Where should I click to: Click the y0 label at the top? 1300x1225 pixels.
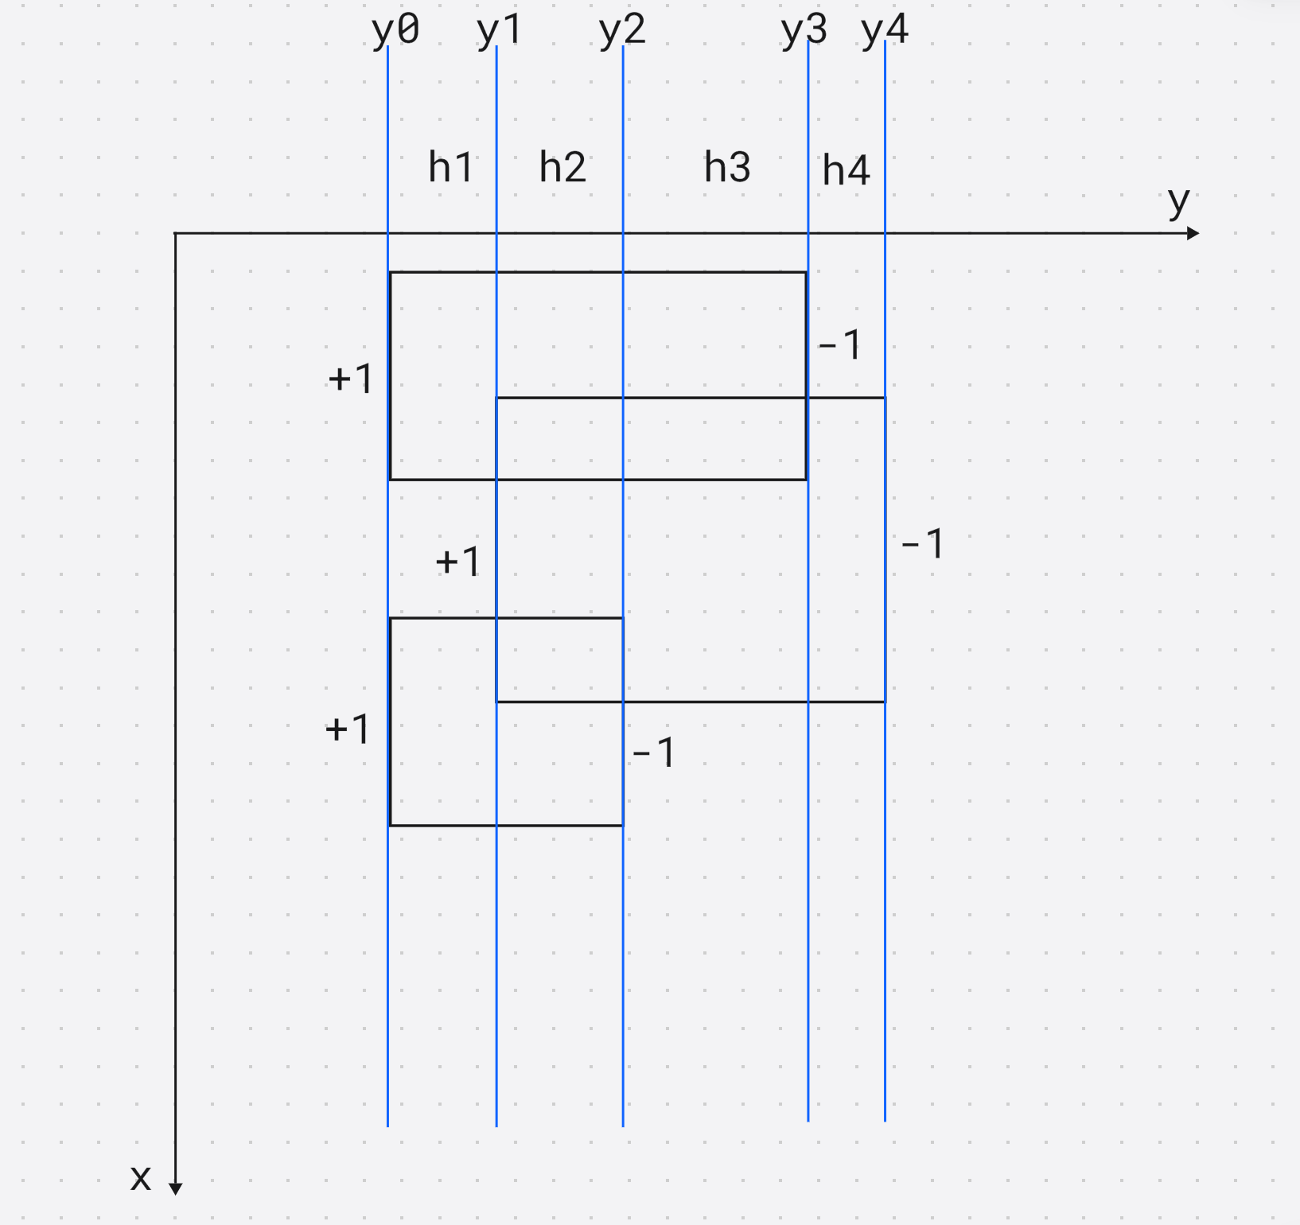tap(395, 31)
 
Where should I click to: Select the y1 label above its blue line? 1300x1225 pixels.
tap(499, 31)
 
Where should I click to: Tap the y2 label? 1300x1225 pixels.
tap(621, 31)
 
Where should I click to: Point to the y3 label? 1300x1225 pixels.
tap(804, 31)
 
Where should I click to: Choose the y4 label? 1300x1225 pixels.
tap(884, 31)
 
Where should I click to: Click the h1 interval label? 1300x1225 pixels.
tap(450, 167)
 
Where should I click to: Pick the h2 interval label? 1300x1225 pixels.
tap(562, 167)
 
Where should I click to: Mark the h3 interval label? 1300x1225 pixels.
tap(727, 167)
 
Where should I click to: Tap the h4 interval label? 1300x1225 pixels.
tap(846, 170)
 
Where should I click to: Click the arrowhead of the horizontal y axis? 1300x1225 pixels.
tap(1193, 233)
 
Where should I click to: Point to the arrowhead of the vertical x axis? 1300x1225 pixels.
tap(176, 1188)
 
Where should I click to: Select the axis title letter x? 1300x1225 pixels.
tap(141, 1177)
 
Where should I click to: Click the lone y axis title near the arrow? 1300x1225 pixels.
tap(1178, 202)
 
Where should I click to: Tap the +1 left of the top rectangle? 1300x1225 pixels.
tap(350, 379)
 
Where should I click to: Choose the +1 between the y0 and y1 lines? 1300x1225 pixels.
tap(457, 562)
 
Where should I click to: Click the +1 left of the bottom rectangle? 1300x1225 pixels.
tap(348, 729)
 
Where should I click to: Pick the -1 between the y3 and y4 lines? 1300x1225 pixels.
tap(839, 345)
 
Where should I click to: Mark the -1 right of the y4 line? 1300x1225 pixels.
tap(922, 544)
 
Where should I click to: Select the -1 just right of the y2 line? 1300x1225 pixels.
tap(653, 752)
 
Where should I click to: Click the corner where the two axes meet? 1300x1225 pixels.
tap(175, 233)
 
